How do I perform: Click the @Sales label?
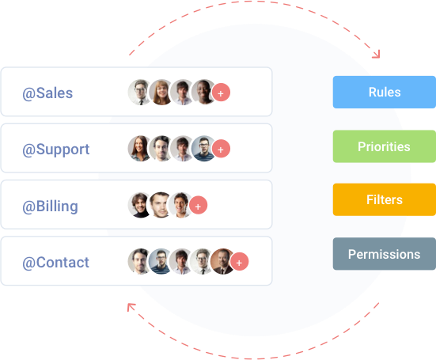coord(47,93)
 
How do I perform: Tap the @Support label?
coord(55,150)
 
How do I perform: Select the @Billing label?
coord(50,207)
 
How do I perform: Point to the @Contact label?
coord(55,263)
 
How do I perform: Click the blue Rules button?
coord(385,92)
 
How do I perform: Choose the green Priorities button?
coord(385,146)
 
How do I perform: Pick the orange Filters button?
coord(385,200)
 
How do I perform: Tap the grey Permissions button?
coord(385,254)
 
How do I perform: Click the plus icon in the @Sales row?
coord(221,93)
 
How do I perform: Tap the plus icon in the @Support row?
coord(221,149)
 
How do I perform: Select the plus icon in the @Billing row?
coord(199,206)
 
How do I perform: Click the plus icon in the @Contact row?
coord(240,262)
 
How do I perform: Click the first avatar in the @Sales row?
coord(140,92)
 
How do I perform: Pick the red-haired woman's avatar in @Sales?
coord(161,92)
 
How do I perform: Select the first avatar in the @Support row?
coord(140,148)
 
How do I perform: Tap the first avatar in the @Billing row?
coord(140,205)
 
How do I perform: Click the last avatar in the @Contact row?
coord(222,261)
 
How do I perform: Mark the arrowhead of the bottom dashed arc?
coord(131,307)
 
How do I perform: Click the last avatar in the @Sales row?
coord(203,92)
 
